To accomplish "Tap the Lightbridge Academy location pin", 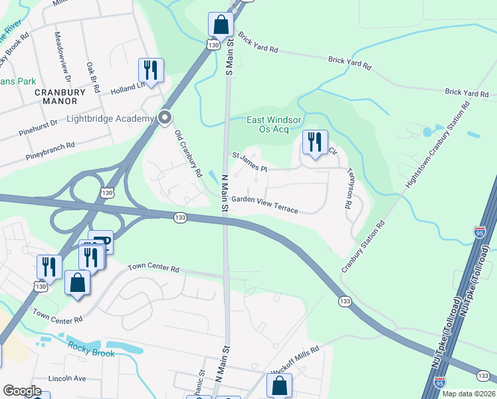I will point(165,118).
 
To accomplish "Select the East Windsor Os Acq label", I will point(274,124).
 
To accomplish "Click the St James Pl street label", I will point(249,161).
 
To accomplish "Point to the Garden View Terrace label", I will point(264,204).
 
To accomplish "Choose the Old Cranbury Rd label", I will point(188,153).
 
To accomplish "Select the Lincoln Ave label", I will point(67,378).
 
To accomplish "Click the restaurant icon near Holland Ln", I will point(151,70).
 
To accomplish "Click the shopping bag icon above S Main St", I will point(221,25).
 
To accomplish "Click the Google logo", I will point(22,391).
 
